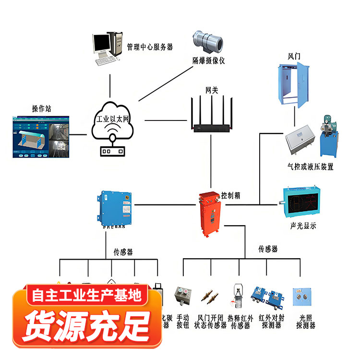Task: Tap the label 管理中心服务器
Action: [150, 47]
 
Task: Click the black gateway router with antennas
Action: [211, 118]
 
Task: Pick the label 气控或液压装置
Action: [311, 167]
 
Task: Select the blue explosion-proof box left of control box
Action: [115, 210]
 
